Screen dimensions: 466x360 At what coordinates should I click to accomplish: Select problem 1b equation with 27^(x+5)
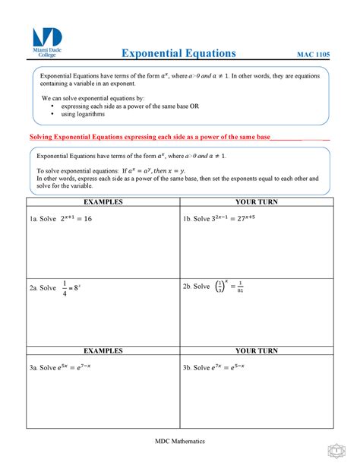click(x=232, y=219)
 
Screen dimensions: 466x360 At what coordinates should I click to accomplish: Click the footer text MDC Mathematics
click(x=180, y=441)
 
